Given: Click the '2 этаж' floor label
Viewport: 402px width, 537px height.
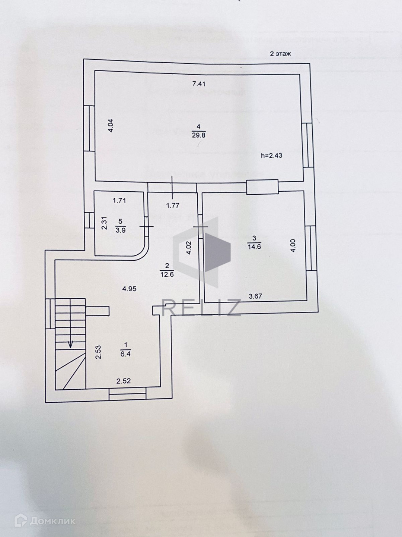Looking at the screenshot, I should [x=280, y=54].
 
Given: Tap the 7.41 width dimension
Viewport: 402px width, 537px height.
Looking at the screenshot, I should [x=199, y=84].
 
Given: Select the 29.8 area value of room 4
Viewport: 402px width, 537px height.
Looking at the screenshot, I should [x=198, y=135].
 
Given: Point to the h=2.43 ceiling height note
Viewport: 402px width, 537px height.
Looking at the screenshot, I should [x=271, y=156].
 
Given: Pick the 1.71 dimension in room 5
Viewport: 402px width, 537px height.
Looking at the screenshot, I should [x=119, y=201].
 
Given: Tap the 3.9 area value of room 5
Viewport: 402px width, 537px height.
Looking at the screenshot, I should [x=120, y=230].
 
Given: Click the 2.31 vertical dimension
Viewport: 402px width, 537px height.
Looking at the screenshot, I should [x=105, y=223].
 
